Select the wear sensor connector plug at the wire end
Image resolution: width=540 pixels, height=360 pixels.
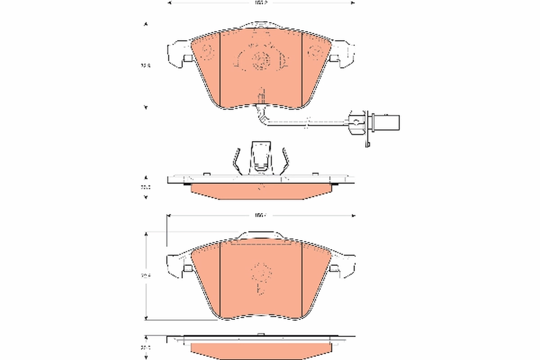(384, 121)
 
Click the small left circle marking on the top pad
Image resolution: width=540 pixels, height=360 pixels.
(208, 52)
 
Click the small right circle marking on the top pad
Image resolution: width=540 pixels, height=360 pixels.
(314, 53)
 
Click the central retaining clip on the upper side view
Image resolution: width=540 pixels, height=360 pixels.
(261, 157)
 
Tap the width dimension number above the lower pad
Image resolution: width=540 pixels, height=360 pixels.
(261, 216)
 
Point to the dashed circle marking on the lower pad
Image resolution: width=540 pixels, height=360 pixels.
(261, 271)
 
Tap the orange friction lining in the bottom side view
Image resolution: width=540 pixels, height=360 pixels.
(261, 349)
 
